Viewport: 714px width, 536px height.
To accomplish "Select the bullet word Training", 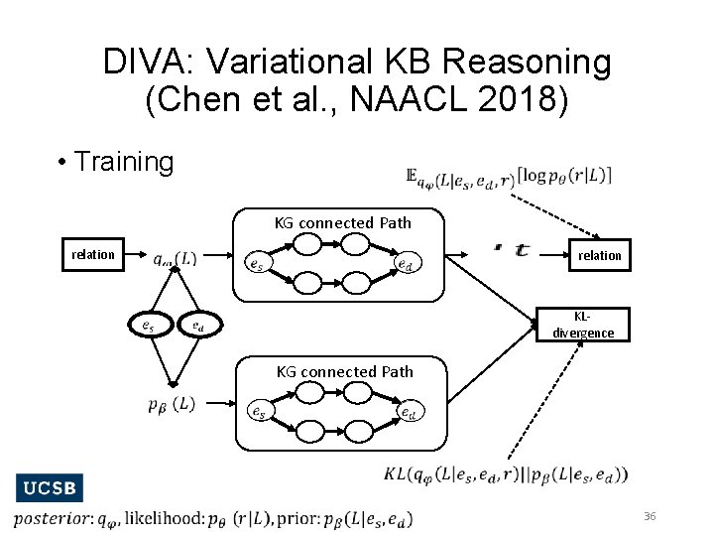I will pos(124,162).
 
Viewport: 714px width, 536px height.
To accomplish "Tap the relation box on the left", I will pos(93,254).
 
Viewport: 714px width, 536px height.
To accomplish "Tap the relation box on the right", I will pos(600,255).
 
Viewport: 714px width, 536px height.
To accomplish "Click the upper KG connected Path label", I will pos(343,222).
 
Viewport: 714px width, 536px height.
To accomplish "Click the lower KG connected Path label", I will pos(345,371).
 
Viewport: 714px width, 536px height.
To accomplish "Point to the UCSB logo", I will pos(49,488).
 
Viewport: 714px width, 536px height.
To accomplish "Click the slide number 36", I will pos(651,516).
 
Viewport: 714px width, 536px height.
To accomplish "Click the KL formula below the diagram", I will pos(506,474).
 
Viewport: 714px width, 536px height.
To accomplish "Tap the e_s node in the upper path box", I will pos(256,265).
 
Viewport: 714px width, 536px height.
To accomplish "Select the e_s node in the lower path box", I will pos(257,411).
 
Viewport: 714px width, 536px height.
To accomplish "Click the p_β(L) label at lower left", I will pos(171,404).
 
